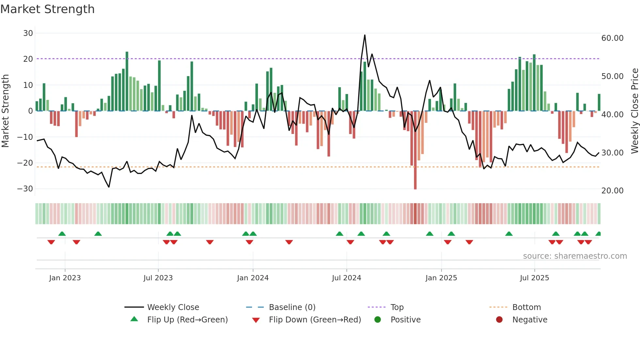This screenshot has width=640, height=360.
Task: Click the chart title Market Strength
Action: tap(48, 9)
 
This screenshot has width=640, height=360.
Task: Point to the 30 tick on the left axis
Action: tap(28, 33)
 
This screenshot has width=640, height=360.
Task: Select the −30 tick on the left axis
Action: tap(25, 188)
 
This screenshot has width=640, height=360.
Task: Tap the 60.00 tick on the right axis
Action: tap(612, 38)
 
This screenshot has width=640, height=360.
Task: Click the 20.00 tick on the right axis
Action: tap(612, 190)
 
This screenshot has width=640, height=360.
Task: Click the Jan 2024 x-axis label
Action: tap(253, 278)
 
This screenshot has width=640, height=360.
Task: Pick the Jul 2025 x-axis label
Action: tap(534, 278)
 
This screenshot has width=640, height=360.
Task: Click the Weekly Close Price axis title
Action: tap(634, 111)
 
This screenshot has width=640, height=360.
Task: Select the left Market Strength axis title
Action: tap(6, 111)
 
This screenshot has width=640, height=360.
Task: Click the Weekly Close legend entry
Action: tap(173, 307)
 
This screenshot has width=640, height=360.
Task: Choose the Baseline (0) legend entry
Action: tap(292, 307)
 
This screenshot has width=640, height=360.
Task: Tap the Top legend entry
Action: tap(397, 307)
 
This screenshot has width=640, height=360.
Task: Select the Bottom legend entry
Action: tap(526, 307)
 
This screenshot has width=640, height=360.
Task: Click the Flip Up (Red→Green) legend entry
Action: tap(187, 319)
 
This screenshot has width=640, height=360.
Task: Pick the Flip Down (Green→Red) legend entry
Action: tap(315, 319)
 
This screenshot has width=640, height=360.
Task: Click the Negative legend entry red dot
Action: tap(499, 319)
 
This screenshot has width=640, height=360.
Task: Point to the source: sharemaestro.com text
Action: tap(575, 256)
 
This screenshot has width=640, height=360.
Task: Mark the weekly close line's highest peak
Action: tap(365, 35)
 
